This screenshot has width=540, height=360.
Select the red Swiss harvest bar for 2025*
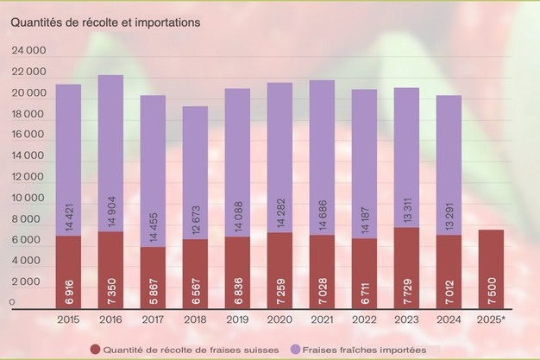491,268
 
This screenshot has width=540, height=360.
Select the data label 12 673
196,220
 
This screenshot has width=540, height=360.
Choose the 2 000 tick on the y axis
28,282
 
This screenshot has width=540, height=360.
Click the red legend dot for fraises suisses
95,349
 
